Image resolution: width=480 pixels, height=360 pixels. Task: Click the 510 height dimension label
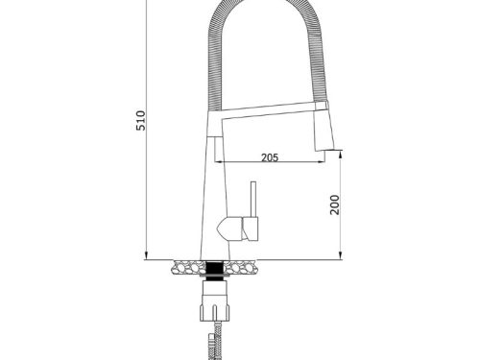click(x=140, y=122)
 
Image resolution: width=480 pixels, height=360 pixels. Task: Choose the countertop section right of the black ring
click(x=246, y=266)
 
